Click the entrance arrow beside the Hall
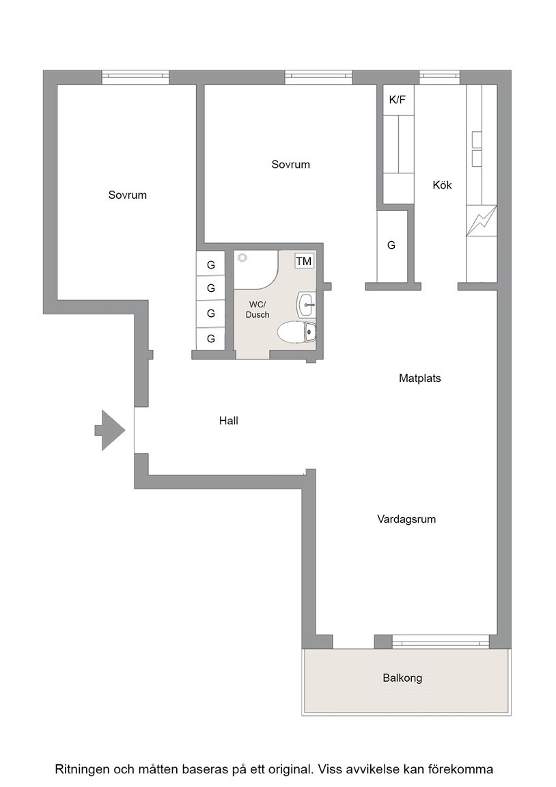click(x=110, y=430)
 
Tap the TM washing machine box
click(x=304, y=261)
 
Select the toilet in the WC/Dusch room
click(x=296, y=332)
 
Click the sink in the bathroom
click(x=306, y=305)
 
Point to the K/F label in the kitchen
click(x=398, y=100)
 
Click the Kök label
click(x=442, y=185)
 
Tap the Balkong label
click(x=402, y=678)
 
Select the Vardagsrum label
click(x=406, y=519)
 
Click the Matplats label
click(x=420, y=378)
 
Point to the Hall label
click(x=228, y=421)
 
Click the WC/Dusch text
click(x=258, y=309)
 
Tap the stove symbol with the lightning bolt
click(x=482, y=221)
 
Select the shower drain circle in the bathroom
click(x=243, y=258)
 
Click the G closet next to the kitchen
click(x=392, y=246)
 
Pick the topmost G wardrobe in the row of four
click(x=211, y=264)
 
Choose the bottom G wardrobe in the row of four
click(x=211, y=339)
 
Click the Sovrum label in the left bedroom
click(x=128, y=195)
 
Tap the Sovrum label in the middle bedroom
click(x=290, y=164)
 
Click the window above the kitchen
click(x=440, y=77)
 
